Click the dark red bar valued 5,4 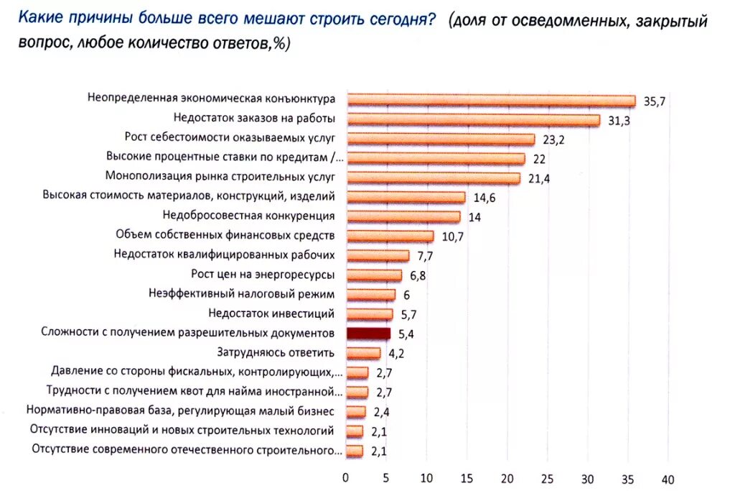tap(368, 334)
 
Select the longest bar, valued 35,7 tap(490, 101)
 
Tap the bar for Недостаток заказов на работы tap(472, 120)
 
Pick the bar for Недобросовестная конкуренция tap(403, 216)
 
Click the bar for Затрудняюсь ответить tap(363, 353)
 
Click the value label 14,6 tap(484, 198)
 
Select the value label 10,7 tap(452, 237)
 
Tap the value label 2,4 tap(380, 412)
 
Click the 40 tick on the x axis tap(668, 479)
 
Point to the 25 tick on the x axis tap(547, 479)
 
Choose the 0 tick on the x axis tap(346, 479)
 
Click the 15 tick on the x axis tap(467, 479)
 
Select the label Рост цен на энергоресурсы tap(263, 274)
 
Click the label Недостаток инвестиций tap(271, 313)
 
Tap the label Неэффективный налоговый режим tap(242, 293)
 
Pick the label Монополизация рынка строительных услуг tap(220, 175)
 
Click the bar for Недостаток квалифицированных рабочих tap(378, 256)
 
